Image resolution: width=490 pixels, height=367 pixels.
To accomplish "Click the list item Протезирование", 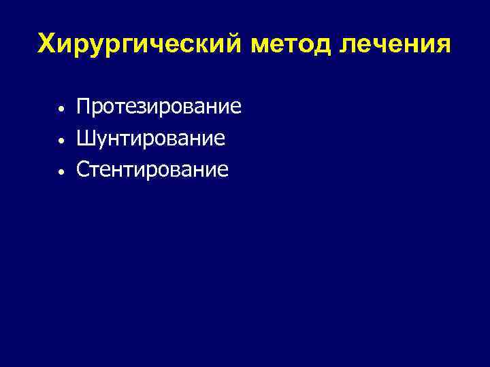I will tap(159, 107).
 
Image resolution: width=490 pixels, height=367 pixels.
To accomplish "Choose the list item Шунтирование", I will tap(150, 139).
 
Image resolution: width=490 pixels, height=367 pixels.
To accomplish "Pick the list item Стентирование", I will tap(152, 170).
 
